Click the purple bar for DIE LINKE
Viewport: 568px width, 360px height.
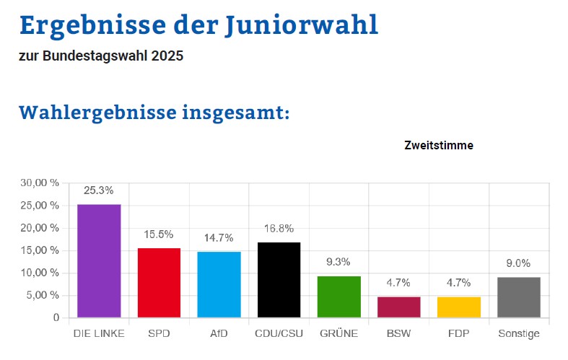coord(99,260)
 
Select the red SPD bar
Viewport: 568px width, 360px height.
coord(159,283)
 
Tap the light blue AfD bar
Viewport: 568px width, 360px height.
coord(219,284)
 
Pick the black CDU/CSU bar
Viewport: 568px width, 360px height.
coord(279,280)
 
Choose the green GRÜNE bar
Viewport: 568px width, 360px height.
coord(338,297)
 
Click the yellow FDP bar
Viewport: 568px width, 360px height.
coord(458,307)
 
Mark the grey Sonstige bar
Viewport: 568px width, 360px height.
coord(518,297)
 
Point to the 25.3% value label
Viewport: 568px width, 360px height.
coord(98,191)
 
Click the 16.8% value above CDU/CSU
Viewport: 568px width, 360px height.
coord(279,229)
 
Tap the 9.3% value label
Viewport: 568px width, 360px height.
coord(338,262)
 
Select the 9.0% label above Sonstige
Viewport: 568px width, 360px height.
coord(518,263)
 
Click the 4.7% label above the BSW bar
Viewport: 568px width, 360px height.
coord(398,283)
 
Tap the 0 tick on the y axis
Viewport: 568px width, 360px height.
coord(56,317)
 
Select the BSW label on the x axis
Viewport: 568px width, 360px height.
coord(398,334)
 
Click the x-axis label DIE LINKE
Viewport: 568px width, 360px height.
coord(99,334)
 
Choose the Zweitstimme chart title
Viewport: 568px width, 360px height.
coord(439,146)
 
